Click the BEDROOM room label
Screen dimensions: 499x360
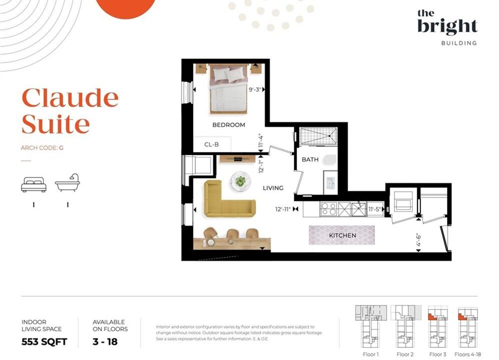pos(228,125)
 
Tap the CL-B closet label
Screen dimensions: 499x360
pos(211,144)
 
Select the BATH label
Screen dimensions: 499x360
pos(310,159)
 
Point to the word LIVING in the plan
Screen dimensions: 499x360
pos(273,188)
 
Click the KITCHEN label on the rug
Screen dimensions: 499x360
pos(342,235)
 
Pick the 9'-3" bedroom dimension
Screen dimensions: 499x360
pos(255,89)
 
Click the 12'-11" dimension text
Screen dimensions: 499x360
pos(283,209)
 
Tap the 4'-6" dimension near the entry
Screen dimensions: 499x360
pos(418,240)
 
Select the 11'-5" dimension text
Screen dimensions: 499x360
pos(374,209)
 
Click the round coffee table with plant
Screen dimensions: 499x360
pos(240,181)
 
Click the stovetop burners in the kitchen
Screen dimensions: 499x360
pos(328,209)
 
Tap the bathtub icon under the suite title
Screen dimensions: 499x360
pos(67,183)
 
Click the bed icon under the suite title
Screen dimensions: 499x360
pos(33,184)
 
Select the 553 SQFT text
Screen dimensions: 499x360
pos(44,342)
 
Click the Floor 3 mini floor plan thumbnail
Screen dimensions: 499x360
pos(438,327)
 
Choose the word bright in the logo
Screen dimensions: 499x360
pos(447,26)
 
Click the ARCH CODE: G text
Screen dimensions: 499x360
pos(42,147)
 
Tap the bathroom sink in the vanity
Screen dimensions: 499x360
pos(330,183)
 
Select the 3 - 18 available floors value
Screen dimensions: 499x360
pos(105,342)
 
